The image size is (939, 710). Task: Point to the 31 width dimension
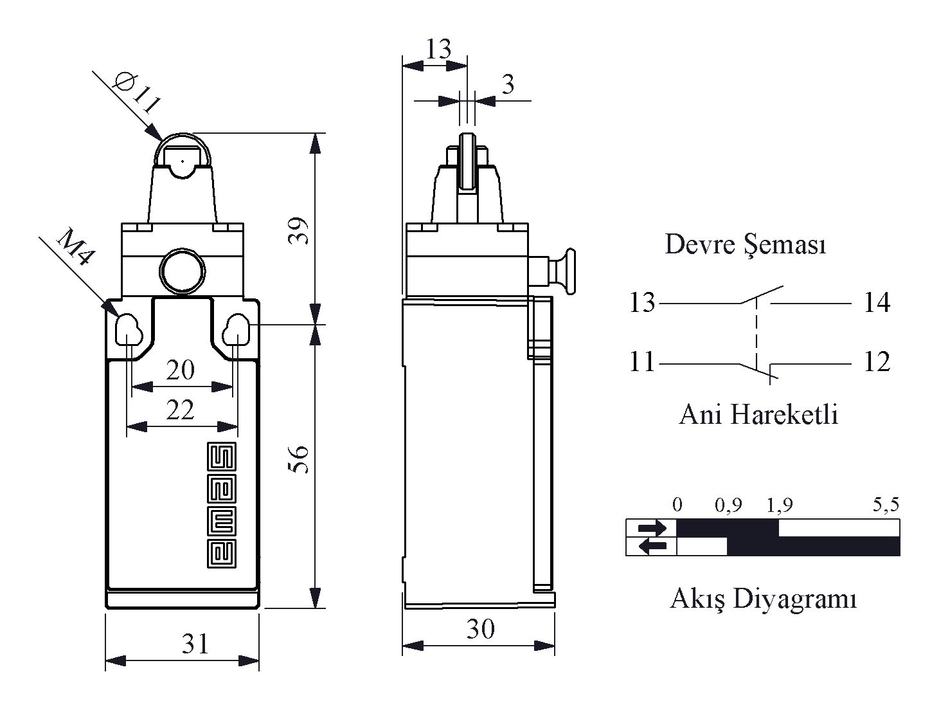[x=195, y=643]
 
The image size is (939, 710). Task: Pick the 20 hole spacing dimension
[x=180, y=370]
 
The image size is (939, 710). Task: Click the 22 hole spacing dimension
[x=180, y=410]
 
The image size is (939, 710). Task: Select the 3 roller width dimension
[x=508, y=84]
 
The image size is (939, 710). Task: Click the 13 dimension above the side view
[x=438, y=49]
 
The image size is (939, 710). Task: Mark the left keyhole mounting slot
[x=128, y=329]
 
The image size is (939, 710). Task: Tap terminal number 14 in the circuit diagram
[x=876, y=302]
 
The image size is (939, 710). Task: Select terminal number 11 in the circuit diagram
[x=641, y=363]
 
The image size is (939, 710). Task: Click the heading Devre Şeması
[x=745, y=245]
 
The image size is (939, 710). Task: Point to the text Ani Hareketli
[x=758, y=415]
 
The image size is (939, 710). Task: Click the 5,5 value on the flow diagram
[x=886, y=505]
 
